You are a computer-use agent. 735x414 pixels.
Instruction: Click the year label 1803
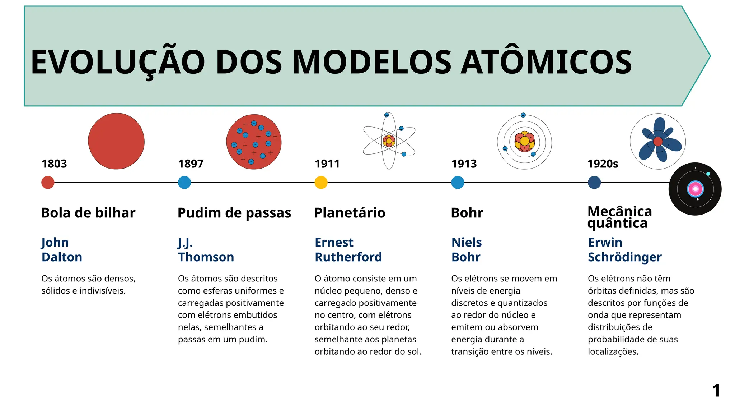tap(54, 164)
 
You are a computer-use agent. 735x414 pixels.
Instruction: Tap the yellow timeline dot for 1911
tap(321, 183)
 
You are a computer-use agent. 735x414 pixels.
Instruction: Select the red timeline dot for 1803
tap(48, 183)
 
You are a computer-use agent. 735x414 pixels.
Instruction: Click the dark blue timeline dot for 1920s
tap(594, 183)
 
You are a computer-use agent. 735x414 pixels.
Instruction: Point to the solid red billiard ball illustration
tap(116, 141)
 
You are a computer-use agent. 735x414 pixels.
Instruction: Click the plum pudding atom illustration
tap(254, 142)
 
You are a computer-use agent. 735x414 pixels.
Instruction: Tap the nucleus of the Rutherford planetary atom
tap(389, 141)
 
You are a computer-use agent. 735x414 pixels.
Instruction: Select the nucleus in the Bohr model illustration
tap(524, 141)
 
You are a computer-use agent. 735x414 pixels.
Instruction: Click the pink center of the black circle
tap(695, 189)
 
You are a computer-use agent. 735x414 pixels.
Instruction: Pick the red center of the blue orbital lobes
tap(658, 141)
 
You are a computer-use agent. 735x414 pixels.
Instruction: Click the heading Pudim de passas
tap(234, 213)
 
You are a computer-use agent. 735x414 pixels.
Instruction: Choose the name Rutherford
tap(348, 257)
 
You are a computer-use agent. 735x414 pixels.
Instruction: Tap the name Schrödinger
tap(624, 257)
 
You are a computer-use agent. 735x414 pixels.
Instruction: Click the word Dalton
tap(62, 257)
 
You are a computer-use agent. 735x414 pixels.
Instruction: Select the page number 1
tap(716, 391)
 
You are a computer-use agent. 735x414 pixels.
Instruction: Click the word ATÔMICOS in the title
tap(546, 63)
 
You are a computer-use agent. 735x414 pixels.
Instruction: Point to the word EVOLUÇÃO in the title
tap(118, 63)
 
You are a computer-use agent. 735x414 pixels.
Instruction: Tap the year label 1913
tap(464, 164)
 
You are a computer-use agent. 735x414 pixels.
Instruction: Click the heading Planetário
tap(350, 213)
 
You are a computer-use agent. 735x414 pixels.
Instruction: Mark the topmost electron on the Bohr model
tap(523, 115)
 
